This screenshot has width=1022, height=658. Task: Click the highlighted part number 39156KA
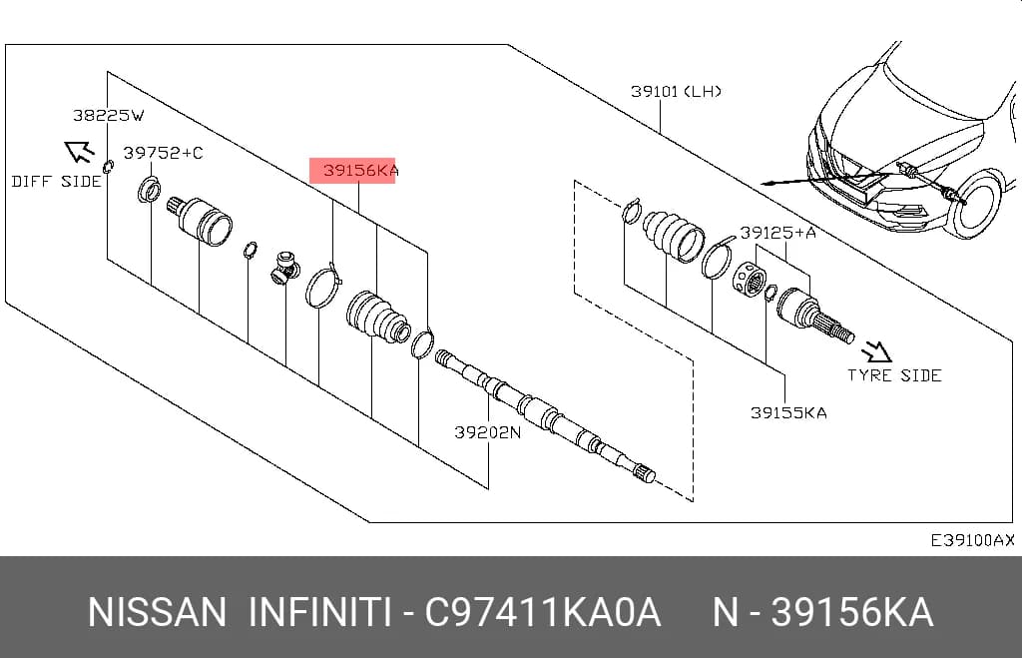point(360,171)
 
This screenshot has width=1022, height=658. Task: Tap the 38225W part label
point(108,116)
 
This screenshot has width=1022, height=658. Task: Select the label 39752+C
point(163,153)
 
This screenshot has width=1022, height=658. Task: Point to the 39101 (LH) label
point(676,91)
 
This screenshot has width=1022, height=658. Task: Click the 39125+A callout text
point(777,233)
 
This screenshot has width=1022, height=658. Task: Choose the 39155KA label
point(788,412)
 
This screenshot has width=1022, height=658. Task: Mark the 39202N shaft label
point(487,431)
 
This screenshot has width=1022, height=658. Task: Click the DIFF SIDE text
point(57,182)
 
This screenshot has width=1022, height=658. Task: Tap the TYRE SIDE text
point(894,375)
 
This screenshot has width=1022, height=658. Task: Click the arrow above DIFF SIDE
point(79,152)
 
